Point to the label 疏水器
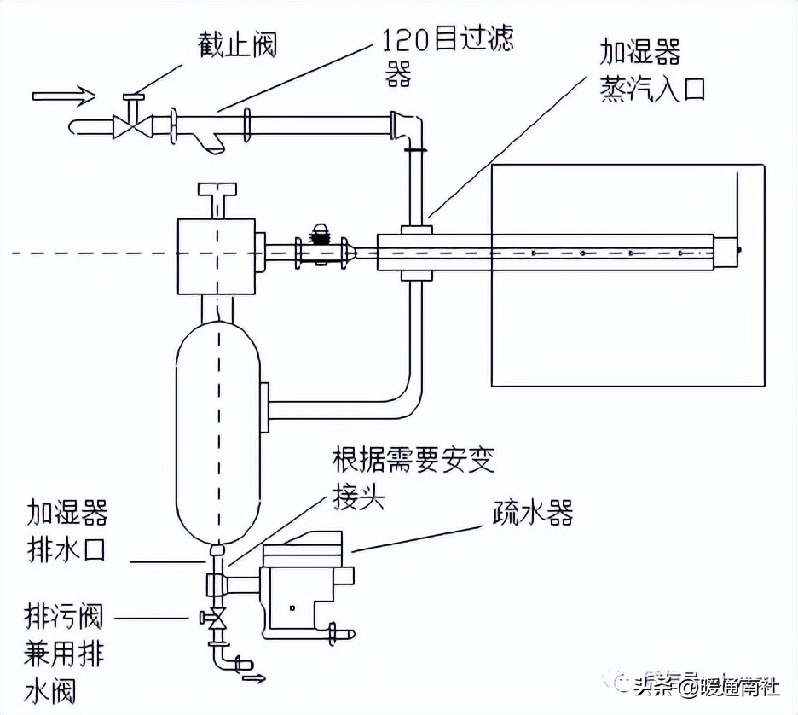[x=532, y=512]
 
